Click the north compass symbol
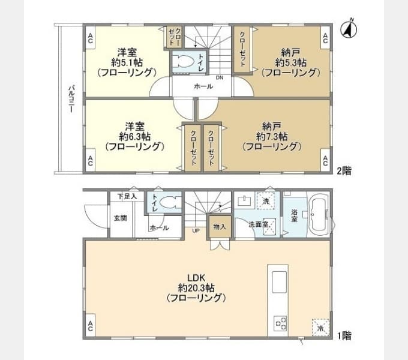pyautogui.click(x=349, y=29)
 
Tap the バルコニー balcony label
pyautogui.click(x=71, y=99)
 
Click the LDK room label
pyautogui.click(x=196, y=278)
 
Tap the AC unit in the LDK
pyautogui.click(x=90, y=326)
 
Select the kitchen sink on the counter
pyautogui.click(x=280, y=282)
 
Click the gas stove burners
pyautogui.click(x=280, y=323)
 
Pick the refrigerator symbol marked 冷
pyautogui.click(x=320, y=328)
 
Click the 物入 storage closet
pyautogui.click(x=220, y=227)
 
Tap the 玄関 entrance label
pyautogui.click(x=121, y=218)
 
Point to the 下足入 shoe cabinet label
pyautogui.click(x=127, y=196)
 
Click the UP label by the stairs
pyautogui.click(x=196, y=231)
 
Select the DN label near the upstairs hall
pyautogui.click(x=220, y=77)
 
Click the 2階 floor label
pyautogui.click(x=344, y=171)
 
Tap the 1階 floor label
pyautogui.click(x=344, y=336)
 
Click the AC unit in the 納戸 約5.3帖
pyautogui.click(x=325, y=38)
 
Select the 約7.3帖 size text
pyautogui.click(x=272, y=136)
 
